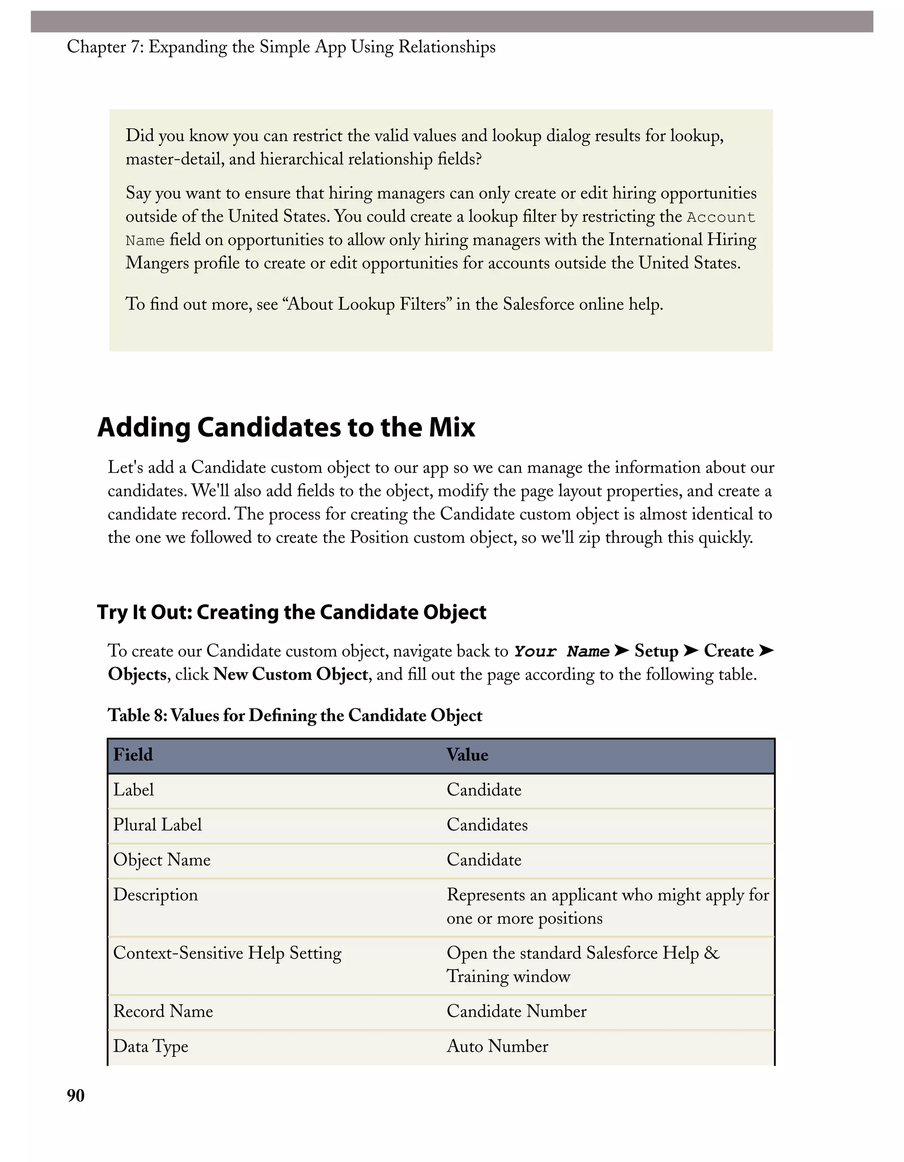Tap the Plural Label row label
pyautogui.click(x=158, y=825)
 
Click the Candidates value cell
pyautogui.click(x=487, y=825)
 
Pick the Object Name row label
pyautogui.click(x=162, y=860)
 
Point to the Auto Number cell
pyautogui.click(x=497, y=1046)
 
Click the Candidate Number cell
pyautogui.click(x=516, y=1011)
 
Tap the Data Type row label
pyautogui.click(x=151, y=1046)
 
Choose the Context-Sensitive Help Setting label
pyautogui.click(x=227, y=953)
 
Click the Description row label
pyautogui.click(x=155, y=895)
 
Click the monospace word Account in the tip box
pyautogui.click(x=720, y=217)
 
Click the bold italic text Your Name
pyautogui.click(x=561, y=651)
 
